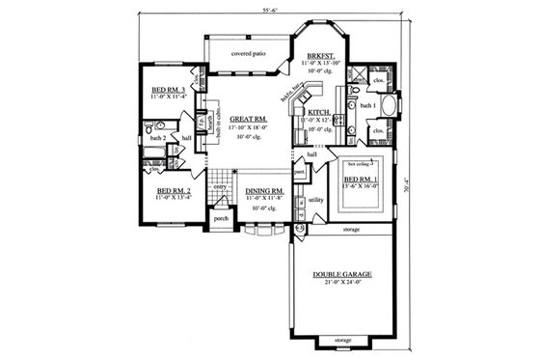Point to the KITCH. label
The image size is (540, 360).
point(319,112)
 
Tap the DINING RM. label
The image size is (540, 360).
point(262,191)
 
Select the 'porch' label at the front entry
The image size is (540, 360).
point(220,218)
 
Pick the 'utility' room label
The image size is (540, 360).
point(316,200)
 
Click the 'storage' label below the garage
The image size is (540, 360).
point(343,341)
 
